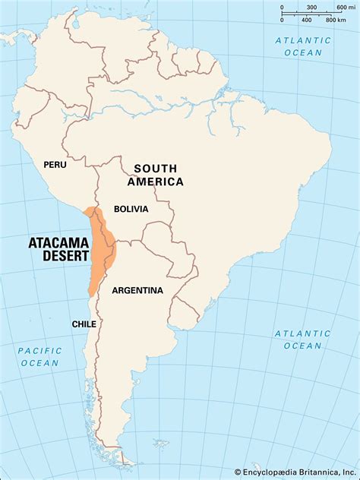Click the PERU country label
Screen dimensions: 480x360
[x=55, y=164]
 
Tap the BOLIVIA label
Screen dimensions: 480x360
[x=131, y=209]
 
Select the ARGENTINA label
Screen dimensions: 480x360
[x=137, y=290]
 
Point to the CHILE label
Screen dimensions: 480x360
[x=84, y=324]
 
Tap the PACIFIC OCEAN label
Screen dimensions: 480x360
[x=39, y=356]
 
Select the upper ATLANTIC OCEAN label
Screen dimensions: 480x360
[x=304, y=46]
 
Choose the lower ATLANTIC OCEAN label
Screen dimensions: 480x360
[x=303, y=339]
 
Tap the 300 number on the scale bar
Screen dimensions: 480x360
[x=311, y=8]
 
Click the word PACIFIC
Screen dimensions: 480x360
[x=39, y=350]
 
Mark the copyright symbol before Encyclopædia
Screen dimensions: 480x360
[x=238, y=471]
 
